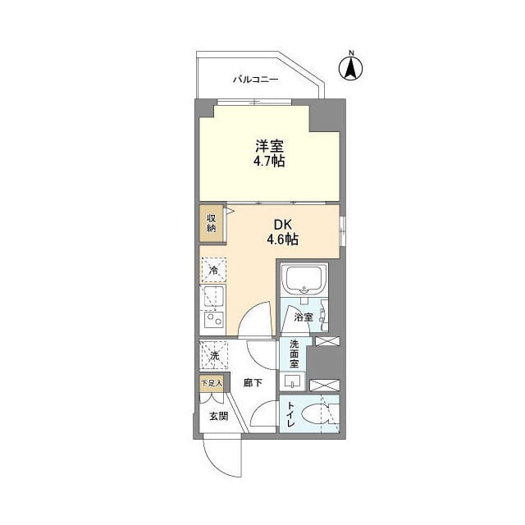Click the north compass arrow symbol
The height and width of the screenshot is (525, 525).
(350, 71)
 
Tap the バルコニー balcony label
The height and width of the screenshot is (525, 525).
(255, 80)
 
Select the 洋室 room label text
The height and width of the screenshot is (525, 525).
(268, 147)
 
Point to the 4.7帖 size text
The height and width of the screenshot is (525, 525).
(268, 163)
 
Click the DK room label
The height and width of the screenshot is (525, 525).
(281, 222)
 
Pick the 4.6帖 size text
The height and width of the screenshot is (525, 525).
(281, 240)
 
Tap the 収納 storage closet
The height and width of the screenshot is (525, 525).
(211, 223)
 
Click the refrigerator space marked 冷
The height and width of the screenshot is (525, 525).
(214, 270)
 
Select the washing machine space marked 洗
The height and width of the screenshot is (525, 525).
(214, 355)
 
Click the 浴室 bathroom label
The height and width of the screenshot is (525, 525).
(303, 317)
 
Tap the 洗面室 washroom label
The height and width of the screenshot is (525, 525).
(294, 354)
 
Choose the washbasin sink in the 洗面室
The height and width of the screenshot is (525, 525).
(293, 381)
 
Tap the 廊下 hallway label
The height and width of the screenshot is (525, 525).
(253, 381)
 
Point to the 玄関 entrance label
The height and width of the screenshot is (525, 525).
(217, 416)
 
